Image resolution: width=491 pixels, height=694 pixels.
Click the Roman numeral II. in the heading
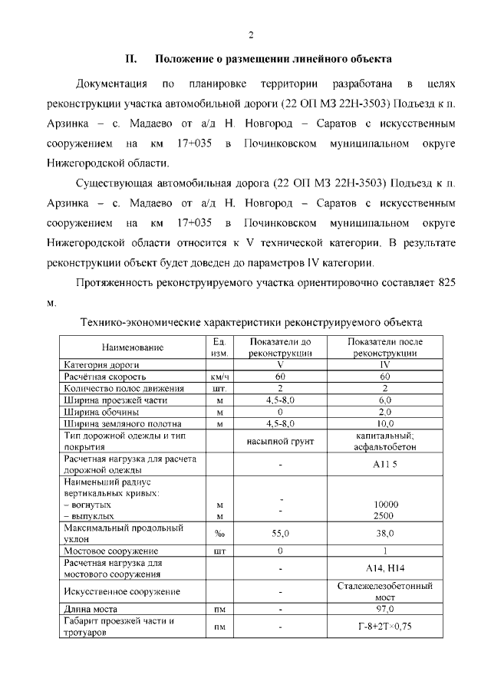tap(131, 59)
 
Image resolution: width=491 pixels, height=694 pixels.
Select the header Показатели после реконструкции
tap(385, 347)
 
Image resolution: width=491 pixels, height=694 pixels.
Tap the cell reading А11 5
tap(385, 465)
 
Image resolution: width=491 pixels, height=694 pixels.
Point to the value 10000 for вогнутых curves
tap(385, 505)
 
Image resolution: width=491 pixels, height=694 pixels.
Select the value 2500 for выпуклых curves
tap(385, 516)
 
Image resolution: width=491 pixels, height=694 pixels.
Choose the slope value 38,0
tap(385, 534)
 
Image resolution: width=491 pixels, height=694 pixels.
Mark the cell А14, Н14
tap(385, 568)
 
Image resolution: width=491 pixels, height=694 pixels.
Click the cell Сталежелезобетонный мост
tap(385, 591)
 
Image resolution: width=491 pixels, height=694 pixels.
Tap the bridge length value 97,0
tap(385, 609)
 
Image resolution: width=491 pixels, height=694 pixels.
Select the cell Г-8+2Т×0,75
tap(385, 627)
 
